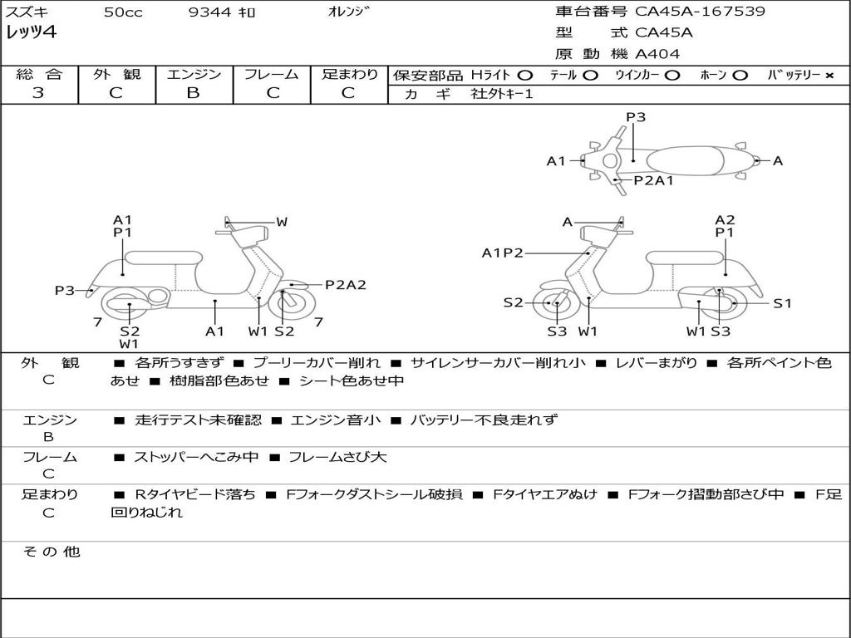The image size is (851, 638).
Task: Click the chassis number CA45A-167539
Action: click(700, 12)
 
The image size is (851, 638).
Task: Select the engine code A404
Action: click(657, 54)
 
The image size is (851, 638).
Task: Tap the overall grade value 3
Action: click(38, 92)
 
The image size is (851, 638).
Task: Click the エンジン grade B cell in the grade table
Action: click(193, 92)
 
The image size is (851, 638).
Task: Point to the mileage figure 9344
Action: click(210, 12)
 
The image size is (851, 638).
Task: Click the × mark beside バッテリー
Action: click(829, 75)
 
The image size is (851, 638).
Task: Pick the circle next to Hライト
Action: click(525, 75)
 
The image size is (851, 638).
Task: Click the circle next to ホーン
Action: click(740, 75)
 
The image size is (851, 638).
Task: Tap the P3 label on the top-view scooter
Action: click(636, 117)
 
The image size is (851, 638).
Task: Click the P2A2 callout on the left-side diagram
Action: click(345, 284)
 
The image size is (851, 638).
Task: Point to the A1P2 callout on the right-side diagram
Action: click(502, 253)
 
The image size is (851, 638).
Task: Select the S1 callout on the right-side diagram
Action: click(783, 303)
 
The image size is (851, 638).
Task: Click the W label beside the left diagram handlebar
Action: click(282, 222)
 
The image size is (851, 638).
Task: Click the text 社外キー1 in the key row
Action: click(502, 94)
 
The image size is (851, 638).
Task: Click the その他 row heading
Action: click(51, 552)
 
